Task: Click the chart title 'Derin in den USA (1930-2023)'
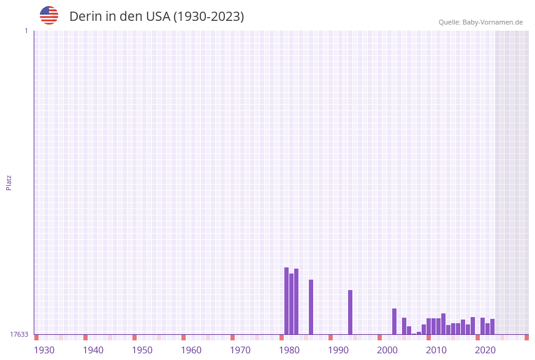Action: click(x=156, y=17)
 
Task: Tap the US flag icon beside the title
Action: click(x=49, y=15)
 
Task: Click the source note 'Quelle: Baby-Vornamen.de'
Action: click(x=480, y=22)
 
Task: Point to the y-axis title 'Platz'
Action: click(x=9, y=182)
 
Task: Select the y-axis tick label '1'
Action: click(x=26, y=31)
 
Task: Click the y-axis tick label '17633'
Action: click(x=19, y=334)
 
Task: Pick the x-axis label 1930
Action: click(x=44, y=350)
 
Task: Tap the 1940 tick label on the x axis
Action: click(x=93, y=350)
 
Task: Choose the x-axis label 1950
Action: click(x=142, y=350)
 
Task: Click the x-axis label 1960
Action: click(x=191, y=350)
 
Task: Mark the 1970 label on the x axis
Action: click(x=240, y=350)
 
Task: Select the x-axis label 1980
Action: click(x=289, y=350)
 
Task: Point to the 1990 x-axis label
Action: click(x=338, y=350)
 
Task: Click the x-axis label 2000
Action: click(x=387, y=350)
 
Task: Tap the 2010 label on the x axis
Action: click(x=436, y=350)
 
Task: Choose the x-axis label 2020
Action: click(x=485, y=350)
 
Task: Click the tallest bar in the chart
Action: click(x=286, y=301)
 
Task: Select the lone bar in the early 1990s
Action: click(x=350, y=312)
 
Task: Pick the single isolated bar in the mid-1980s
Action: click(x=311, y=307)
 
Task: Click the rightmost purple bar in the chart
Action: click(x=492, y=327)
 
